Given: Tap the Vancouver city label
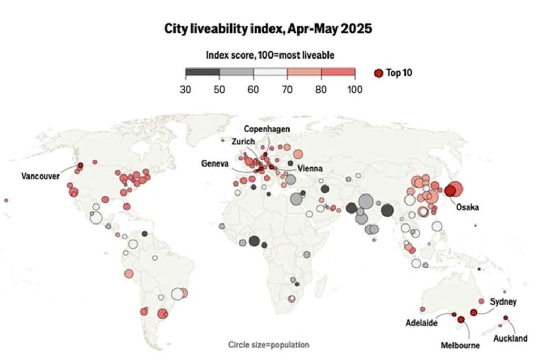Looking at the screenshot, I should pyautogui.click(x=40, y=176).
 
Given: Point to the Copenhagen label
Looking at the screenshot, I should pyautogui.click(x=266, y=129).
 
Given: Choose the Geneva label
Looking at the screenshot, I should pyautogui.click(x=215, y=163).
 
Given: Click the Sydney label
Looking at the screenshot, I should pyautogui.click(x=503, y=301).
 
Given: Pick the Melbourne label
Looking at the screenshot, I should pyautogui.click(x=460, y=346).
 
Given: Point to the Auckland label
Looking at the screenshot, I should pyautogui.click(x=510, y=339).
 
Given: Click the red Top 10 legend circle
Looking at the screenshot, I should pyautogui.click(x=378, y=73).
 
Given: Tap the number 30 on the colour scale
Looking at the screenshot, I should pyautogui.click(x=185, y=89).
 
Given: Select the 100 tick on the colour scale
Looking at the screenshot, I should pyautogui.click(x=355, y=89).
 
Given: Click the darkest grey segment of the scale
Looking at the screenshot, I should pyautogui.click(x=202, y=73).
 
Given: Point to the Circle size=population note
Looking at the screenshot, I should pyautogui.click(x=268, y=345).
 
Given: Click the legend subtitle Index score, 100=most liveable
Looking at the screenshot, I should pyautogui.click(x=270, y=55).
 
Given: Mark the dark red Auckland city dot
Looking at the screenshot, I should pyautogui.click(x=505, y=318).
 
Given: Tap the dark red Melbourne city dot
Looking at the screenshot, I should pyautogui.click(x=460, y=319).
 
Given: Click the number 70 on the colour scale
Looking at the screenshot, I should pyautogui.click(x=287, y=89).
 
